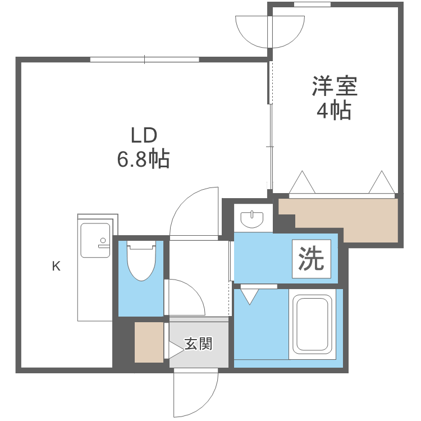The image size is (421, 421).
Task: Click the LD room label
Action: [143, 135]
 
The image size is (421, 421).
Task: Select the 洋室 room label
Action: [335, 87]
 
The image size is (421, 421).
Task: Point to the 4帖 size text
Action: [335, 111]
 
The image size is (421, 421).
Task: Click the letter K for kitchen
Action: [56, 267]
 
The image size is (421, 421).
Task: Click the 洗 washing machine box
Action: [311, 259]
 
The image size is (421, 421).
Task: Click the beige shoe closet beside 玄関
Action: [148, 342]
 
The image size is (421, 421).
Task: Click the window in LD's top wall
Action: [145, 59]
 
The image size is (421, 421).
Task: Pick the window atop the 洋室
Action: [312, 4]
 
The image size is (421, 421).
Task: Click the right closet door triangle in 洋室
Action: [383, 183]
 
